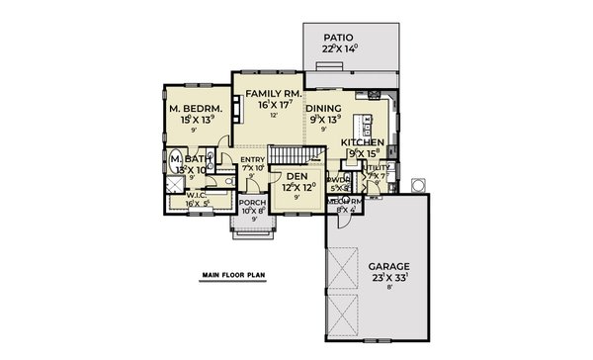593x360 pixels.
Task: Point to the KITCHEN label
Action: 361,143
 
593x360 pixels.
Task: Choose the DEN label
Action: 297,175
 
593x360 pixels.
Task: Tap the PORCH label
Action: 253,202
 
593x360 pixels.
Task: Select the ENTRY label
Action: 254,158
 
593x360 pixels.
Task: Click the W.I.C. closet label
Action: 196,194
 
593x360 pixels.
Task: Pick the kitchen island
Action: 368,127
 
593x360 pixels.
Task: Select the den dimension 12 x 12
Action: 297,186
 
